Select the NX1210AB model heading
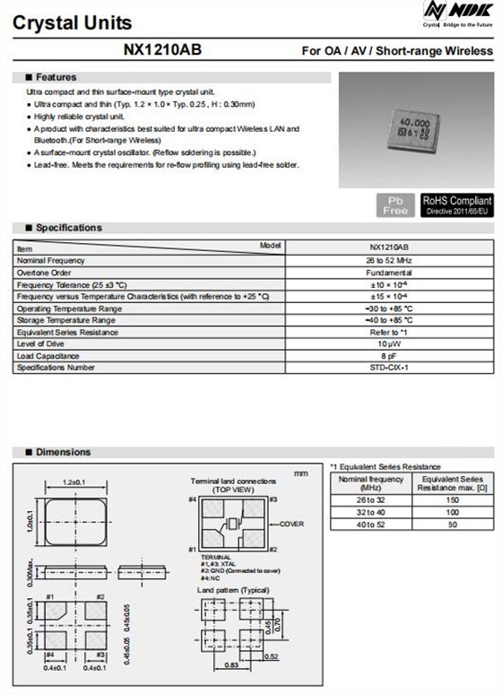pyautogui.click(x=162, y=51)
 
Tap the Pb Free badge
pyautogui.click(x=395, y=205)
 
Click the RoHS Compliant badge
pyautogui.click(x=456, y=205)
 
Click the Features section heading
pyautogui.click(x=55, y=77)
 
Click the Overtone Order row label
pyautogui.click(x=44, y=272)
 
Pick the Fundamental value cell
pyautogui.click(x=389, y=272)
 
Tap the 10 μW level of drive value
pyautogui.click(x=389, y=343)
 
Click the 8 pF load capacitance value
pyautogui.click(x=389, y=355)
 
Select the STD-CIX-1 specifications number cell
pyautogui.click(x=389, y=368)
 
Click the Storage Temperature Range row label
pyautogui.click(x=66, y=320)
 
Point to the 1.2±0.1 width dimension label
pyautogui.click(x=74, y=482)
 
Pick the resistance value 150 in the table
pyautogui.click(x=453, y=499)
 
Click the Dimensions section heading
pyautogui.click(x=62, y=452)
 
